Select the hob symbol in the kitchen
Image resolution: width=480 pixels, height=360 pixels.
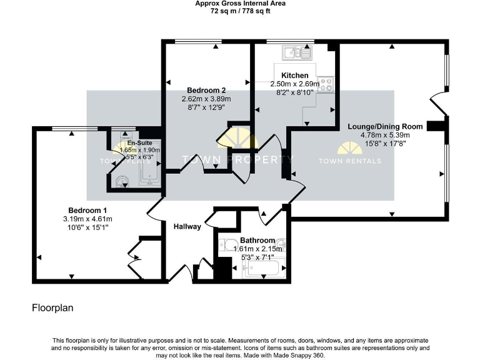tap(326, 85)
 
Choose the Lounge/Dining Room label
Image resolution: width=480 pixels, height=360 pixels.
tap(385, 126)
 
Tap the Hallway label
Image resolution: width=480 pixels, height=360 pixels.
tap(187, 227)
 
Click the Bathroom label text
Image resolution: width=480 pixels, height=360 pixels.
tap(257, 241)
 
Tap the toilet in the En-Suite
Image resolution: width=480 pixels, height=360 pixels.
tap(121, 181)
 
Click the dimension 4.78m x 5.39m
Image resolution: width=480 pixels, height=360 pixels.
tap(385, 134)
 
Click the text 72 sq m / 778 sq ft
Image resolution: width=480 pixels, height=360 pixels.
tap(240, 11)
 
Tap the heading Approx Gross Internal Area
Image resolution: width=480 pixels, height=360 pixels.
tap(240, 4)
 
